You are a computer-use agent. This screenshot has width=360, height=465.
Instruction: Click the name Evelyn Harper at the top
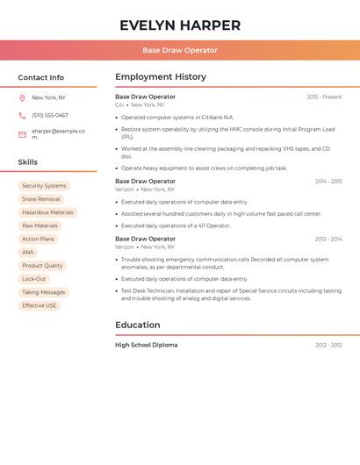[x=180, y=25]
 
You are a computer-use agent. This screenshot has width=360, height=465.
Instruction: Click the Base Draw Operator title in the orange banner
[x=180, y=50]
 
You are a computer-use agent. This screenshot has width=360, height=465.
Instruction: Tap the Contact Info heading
[x=40, y=77]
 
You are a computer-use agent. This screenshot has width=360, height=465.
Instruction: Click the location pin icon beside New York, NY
[x=22, y=97]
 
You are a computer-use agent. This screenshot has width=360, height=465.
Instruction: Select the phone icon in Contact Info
[x=22, y=115]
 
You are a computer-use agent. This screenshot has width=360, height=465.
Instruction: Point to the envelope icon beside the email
[x=22, y=134]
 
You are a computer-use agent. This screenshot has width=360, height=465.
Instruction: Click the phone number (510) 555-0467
[x=50, y=115]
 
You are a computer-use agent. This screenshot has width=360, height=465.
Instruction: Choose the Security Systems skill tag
[x=44, y=186]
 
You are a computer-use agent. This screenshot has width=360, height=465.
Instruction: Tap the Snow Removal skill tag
[x=41, y=199]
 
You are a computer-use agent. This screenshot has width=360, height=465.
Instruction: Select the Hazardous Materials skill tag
[x=47, y=212]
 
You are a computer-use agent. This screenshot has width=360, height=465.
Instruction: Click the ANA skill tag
[x=28, y=253]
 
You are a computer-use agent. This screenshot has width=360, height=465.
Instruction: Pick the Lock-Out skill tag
[x=34, y=279]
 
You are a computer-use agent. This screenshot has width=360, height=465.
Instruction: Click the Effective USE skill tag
[x=40, y=305]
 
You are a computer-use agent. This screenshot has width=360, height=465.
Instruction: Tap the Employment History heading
[x=161, y=77]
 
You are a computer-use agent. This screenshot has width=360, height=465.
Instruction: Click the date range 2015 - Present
[x=324, y=97]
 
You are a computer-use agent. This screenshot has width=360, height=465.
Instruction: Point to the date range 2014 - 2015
[x=328, y=182]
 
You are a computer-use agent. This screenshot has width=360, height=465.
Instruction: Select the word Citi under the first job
[x=119, y=104]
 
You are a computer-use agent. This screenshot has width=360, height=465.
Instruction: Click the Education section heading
[x=138, y=325]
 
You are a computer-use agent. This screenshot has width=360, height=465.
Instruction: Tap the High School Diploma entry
[x=146, y=345]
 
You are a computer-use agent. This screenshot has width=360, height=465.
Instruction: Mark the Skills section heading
[x=27, y=162]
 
